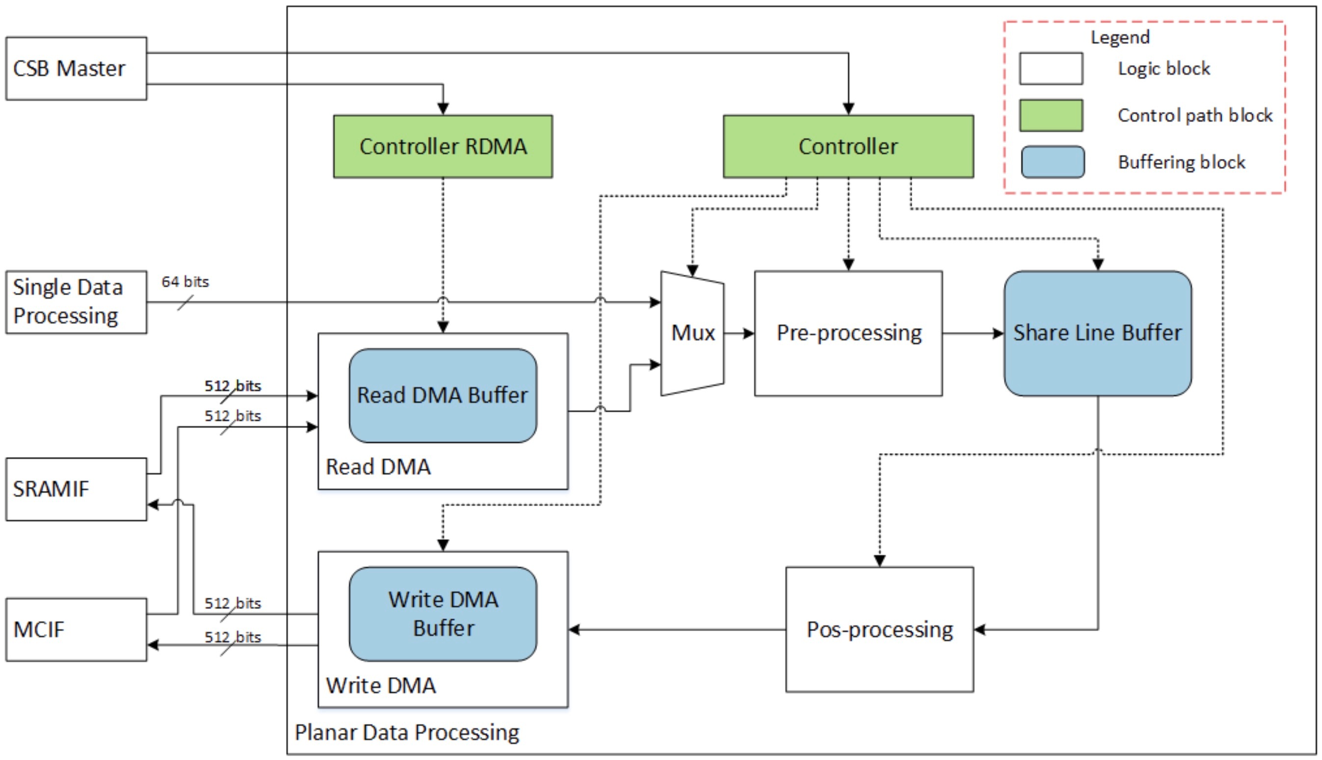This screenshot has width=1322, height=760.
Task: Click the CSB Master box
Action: pos(76,68)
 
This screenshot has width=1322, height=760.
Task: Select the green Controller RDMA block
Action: pos(443,147)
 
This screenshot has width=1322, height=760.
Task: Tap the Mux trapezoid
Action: pos(692,333)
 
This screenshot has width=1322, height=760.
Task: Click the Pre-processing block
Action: pos(848,333)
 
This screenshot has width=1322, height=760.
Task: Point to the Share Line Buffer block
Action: pos(1097,333)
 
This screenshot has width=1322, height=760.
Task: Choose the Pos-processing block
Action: pos(879,630)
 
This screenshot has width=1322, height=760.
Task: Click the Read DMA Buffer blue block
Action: pos(443,396)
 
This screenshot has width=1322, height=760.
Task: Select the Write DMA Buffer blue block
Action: pos(443,614)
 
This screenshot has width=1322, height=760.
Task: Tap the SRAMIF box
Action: pos(76,489)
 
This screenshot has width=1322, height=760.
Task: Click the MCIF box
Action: pos(76,630)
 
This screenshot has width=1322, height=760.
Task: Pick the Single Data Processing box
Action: pos(76,302)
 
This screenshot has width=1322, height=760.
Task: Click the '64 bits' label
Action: pos(185,282)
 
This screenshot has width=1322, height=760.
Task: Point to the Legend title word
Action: pos(1120,38)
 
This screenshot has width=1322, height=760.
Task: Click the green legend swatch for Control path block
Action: pos(1051,115)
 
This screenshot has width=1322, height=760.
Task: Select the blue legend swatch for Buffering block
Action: pos(1053,162)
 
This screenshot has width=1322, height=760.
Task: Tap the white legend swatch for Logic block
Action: pos(1051,68)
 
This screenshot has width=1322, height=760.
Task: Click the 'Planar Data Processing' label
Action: pos(407,733)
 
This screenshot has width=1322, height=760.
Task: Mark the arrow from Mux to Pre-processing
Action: pos(739,333)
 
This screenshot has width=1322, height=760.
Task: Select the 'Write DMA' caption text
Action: pos(381,685)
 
